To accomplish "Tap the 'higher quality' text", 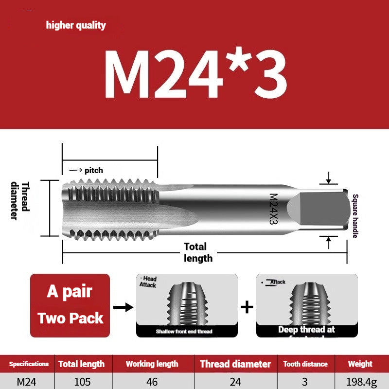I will (x=76, y=25).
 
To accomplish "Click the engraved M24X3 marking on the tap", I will (x=273, y=209).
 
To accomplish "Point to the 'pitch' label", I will (x=93, y=170).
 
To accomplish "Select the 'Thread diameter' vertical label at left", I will (x=20, y=200).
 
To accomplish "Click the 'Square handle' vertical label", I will (x=355, y=216).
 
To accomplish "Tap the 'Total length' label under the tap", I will (x=197, y=252).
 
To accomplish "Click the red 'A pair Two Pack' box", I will (x=70, y=305).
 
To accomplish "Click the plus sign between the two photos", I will (x=247, y=307).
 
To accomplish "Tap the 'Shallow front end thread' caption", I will (x=184, y=332).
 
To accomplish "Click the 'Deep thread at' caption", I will (x=306, y=330).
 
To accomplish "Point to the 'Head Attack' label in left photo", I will (x=149, y=282).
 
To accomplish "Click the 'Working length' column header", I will (x=152, y=364).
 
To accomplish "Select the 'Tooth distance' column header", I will (x=305, y=364).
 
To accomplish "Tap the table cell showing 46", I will (x=152, y=382).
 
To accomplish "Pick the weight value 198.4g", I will (x=360, y=382).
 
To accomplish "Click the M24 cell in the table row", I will (x=26, y=382).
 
